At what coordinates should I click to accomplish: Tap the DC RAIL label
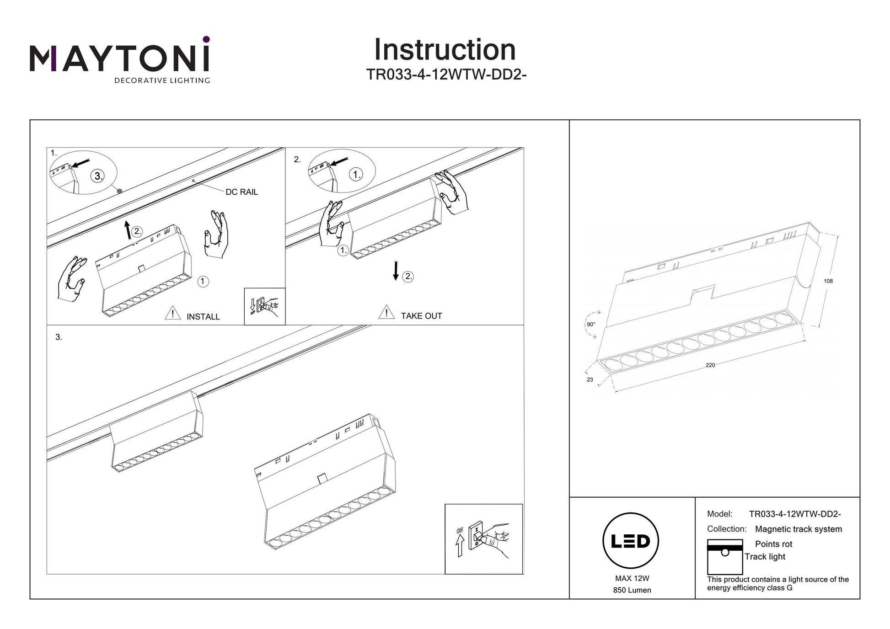click(x=241, y=192)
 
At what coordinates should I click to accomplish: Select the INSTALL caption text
click(x=203, y=316)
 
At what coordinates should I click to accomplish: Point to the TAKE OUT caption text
click(x=421, y=316)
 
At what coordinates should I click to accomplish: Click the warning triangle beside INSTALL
click(x=172, y=313)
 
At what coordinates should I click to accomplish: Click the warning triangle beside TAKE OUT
click(x=386, y=312)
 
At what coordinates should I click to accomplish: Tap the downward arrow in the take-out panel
click(x=396, y=271)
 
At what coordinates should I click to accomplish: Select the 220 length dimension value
click(x=710, y=365)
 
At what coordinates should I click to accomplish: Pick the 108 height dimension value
click(x=828, y=281)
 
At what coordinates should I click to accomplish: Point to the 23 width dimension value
click(x=590, y=379)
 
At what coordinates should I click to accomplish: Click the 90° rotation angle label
click(x=591, y=325)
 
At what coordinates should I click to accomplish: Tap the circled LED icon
click(x=631, y=541)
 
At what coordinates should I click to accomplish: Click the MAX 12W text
click(x=632, y=578)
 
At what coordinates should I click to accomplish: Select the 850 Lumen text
click(x=632, y=590)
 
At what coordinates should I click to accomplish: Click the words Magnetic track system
click(x=798, y=529)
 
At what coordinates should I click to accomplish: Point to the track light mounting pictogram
click(x=725, y=556)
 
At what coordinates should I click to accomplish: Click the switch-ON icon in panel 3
click(x=483, y=539)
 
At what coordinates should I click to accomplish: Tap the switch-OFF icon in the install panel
click(x=265, y=307)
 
